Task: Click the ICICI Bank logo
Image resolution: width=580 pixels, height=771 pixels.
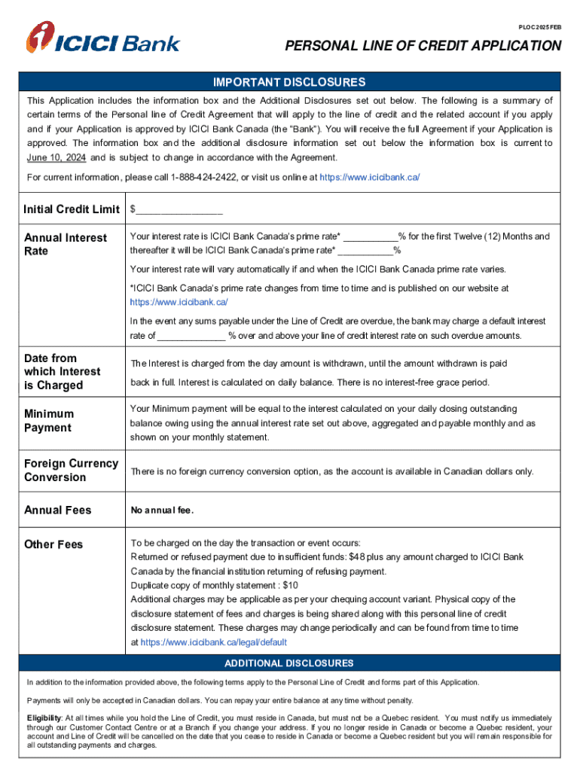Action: click(103, 38)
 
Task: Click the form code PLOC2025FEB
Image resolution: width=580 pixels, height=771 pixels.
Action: click(539, 27)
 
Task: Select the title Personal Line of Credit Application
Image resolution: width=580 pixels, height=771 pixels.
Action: click(423, 47)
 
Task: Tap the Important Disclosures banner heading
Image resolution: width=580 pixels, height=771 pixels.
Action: click(289, 82)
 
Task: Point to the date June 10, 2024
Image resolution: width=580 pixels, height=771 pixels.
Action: click(56, 157)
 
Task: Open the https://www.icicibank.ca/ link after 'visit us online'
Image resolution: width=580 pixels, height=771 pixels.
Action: click(370, 177)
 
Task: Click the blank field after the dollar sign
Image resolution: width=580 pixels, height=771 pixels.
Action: click(179, 209)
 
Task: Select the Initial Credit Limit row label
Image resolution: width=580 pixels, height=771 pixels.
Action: click(72, 209)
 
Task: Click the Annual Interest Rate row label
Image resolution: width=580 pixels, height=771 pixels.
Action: click(66, 244)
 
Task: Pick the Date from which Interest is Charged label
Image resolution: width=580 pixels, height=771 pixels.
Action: click(62, 371)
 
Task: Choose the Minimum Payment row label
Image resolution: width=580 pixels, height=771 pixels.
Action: click(49, 421)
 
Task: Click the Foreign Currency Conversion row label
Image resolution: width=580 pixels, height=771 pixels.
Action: click(71, 470)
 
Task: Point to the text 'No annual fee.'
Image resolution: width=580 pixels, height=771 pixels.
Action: click(163, 510)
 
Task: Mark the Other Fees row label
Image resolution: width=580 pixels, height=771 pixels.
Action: click(53, 544)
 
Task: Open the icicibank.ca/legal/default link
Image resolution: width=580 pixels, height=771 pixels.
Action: click(214, 643)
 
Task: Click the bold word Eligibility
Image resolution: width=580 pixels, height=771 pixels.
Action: click(44, 718)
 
